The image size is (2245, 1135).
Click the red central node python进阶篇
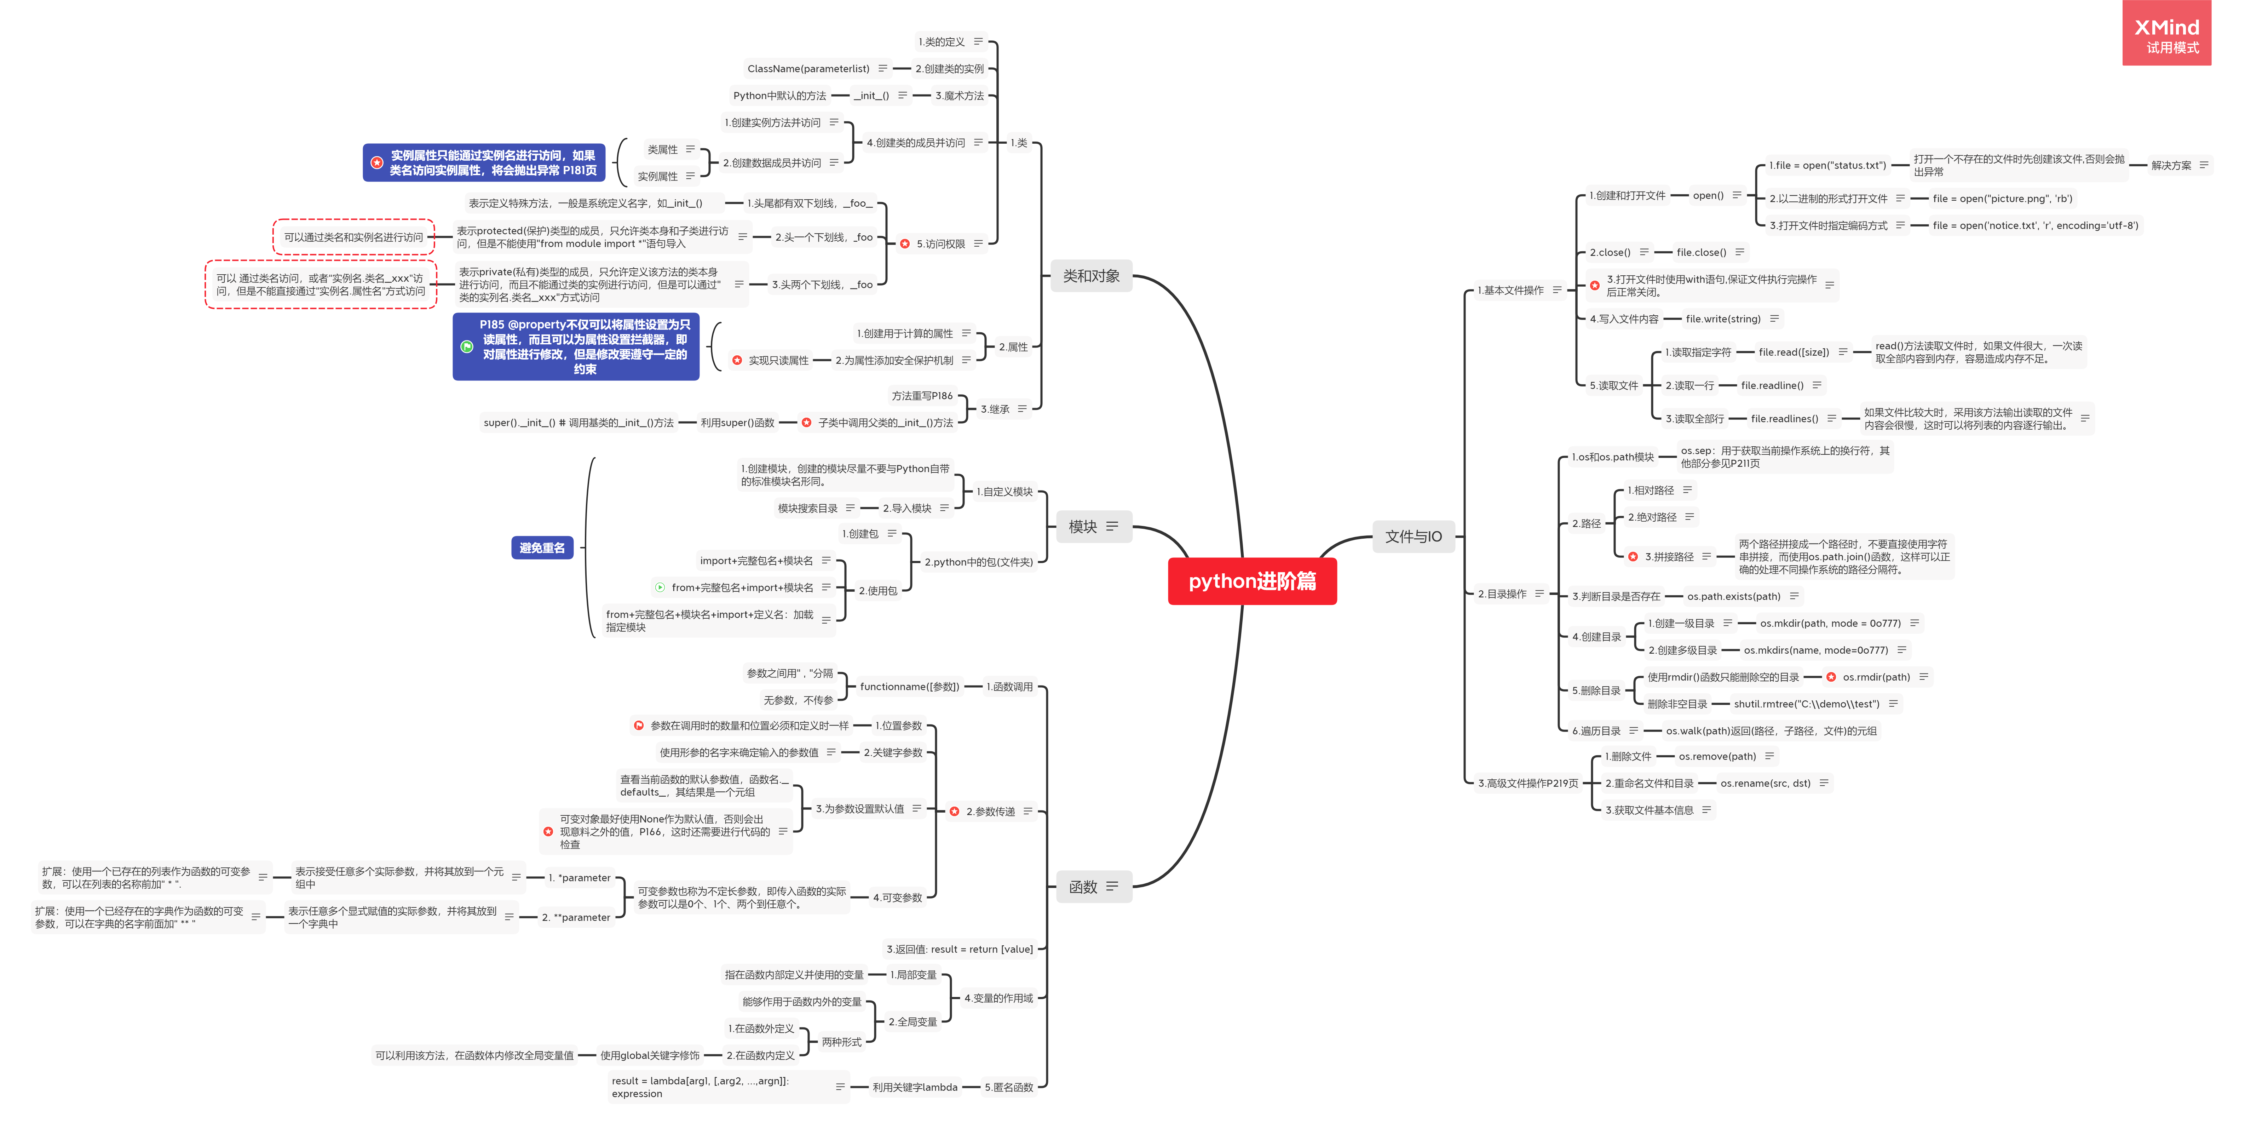1251,581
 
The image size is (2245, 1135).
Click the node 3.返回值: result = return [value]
960,949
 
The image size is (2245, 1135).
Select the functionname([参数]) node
909,687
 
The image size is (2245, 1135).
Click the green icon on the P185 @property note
467,347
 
